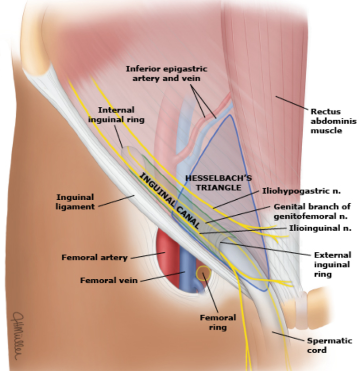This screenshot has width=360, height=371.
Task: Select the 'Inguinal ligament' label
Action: tap(76, 201)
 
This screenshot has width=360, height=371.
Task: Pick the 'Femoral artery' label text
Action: tap(94, 257)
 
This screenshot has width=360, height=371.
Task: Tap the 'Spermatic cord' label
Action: tap(329, 345)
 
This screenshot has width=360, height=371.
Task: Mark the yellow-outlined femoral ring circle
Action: tap(203, 274)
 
